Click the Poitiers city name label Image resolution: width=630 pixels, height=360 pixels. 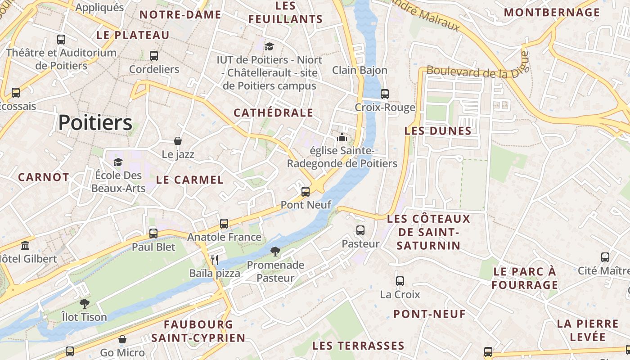coord(95,122)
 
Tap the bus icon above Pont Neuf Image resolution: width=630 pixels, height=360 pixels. coord(306,192)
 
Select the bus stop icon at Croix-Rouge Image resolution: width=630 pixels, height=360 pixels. coord(384,94)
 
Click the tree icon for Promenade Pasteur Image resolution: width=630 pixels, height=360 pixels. coord(275,252)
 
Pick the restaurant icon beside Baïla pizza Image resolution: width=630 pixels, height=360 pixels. coord(215,260)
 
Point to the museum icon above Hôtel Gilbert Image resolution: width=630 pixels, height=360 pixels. coord(26,246)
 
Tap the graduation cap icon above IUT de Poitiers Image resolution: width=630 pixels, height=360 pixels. coord(269,46)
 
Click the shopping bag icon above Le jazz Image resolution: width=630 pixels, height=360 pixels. coord(178,141)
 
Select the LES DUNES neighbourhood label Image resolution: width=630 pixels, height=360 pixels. coord(438,131)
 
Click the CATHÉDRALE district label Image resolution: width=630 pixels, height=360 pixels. coord(273,112)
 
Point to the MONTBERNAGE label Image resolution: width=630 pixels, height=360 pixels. coord(551,13)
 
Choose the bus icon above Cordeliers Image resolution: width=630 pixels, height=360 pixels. coord(154,56)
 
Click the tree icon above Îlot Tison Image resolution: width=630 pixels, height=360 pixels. coord(84,304)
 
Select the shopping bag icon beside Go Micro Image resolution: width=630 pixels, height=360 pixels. coord(122,339)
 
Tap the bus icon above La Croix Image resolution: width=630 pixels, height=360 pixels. coord(400,281)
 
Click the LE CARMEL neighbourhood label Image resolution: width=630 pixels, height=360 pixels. coord(189,180)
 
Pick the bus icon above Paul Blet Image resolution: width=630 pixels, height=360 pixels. coord(153,233)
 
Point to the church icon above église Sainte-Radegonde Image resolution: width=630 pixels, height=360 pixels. coord(342,137)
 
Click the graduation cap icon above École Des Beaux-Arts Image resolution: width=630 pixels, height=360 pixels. coord(118,162)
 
